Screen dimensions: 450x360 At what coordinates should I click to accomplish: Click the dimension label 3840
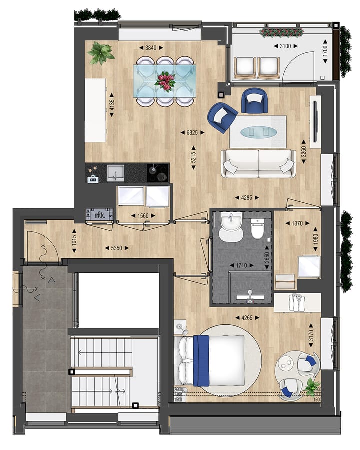[x=150, y=48]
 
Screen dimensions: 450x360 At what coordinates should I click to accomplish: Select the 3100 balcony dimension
[x=283, y=46]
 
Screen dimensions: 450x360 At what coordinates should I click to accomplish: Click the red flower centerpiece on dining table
[x=165, y=80]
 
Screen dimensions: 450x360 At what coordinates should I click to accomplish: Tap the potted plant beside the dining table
[x=100, y=53]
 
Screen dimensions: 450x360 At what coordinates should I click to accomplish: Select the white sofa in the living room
[x=258, y=163]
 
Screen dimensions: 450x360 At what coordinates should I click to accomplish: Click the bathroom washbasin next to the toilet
[x=231, y=225]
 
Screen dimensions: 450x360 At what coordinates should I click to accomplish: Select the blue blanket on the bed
[x=201, y=360]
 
